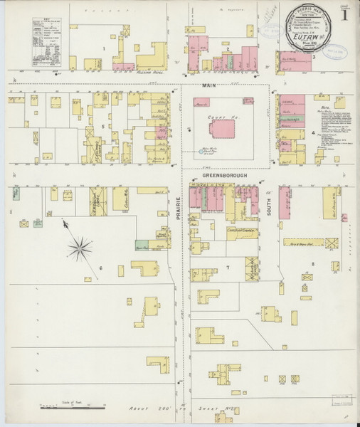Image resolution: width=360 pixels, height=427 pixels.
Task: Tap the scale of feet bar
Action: point(71,405)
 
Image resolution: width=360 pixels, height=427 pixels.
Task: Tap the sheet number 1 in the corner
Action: point(345,14)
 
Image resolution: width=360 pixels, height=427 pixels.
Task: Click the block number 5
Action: point(103,126)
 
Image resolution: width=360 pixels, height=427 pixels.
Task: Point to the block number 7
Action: point(228,267)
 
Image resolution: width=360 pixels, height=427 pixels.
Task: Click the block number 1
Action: point(104,48)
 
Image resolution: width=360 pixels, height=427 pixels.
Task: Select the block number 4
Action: point(312,132)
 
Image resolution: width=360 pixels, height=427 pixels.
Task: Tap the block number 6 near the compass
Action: point(101,268)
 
